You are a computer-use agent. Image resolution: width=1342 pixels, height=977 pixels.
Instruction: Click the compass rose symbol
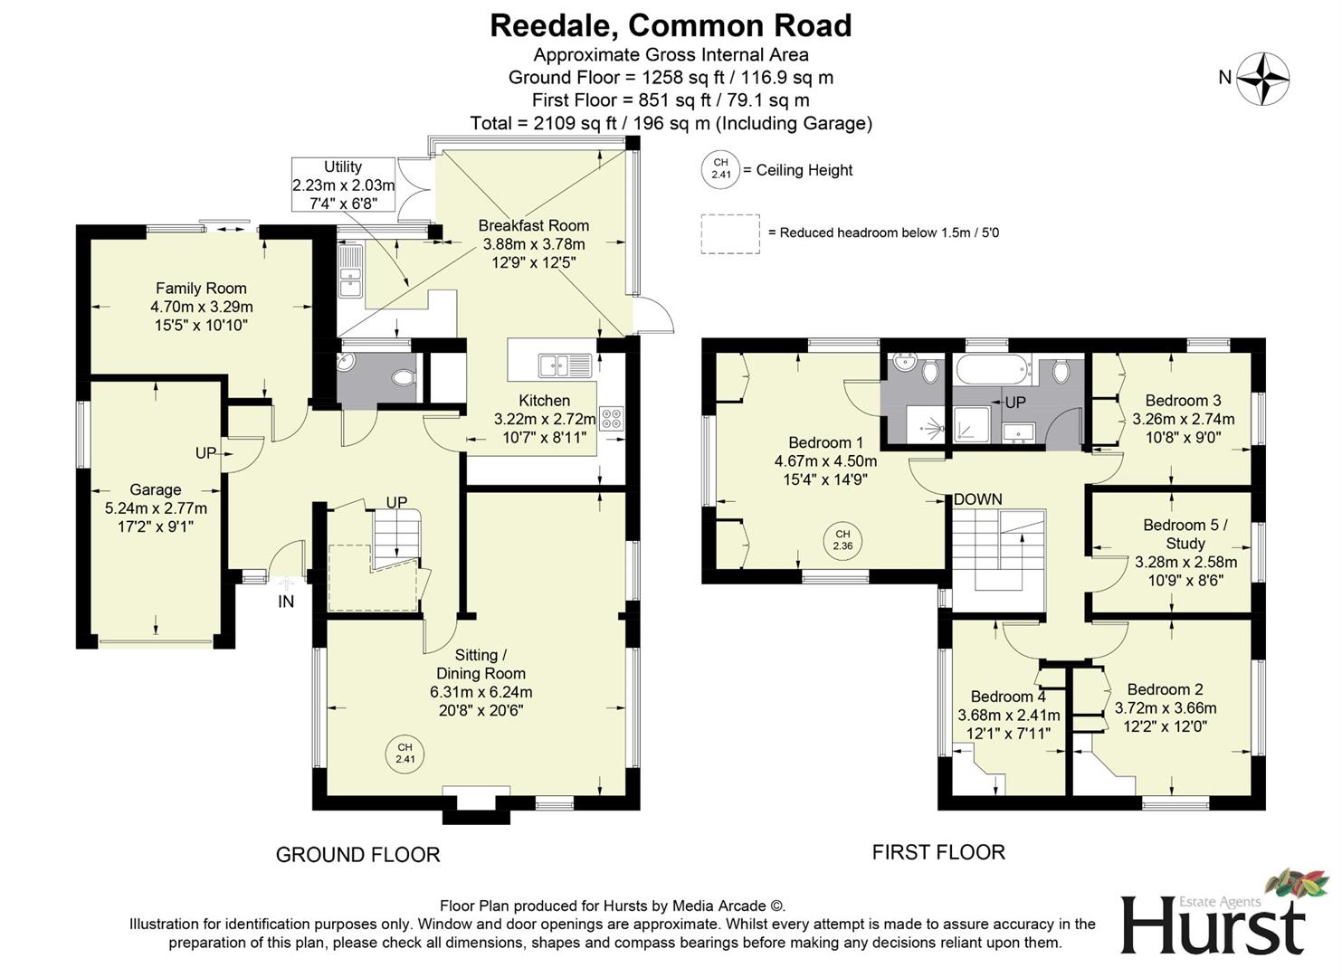[x=1263, y=78]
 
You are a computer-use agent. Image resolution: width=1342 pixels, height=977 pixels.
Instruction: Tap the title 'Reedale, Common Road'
[x=671, y=25]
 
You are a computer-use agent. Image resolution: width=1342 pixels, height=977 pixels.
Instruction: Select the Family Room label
[x=201, y=289]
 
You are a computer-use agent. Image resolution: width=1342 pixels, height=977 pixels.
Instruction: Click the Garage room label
[x=156, y=489]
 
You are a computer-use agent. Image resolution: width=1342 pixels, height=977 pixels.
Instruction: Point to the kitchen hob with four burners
[x=612, y=419]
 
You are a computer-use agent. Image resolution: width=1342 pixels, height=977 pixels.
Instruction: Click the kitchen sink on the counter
[x=566, y=365]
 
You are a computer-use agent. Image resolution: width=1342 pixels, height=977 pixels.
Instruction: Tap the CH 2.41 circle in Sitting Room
[x=405, y=753]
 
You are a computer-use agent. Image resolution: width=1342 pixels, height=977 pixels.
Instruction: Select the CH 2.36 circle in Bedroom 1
[x=842, y=540]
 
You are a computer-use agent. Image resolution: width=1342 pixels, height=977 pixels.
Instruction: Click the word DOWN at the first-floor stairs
[x=977, y=499]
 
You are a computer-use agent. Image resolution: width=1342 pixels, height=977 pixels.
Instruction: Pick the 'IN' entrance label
[x=286, y=602]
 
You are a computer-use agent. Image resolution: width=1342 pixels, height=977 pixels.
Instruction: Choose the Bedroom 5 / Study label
[x=1185, y=534]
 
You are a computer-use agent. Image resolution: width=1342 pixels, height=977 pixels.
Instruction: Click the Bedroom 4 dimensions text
[x=1009, y=724]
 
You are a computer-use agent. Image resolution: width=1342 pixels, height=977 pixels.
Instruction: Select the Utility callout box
[x=343, y=185]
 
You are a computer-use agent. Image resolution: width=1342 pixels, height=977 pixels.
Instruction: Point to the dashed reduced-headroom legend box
[x=729, y=233]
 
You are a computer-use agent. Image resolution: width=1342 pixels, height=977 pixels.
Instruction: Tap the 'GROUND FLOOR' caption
[x=357, y=855]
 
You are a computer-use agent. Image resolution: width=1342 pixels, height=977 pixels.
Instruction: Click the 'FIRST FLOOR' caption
[x=938, y=852]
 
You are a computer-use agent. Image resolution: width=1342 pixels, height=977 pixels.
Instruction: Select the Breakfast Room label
[x=534, y=225]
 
